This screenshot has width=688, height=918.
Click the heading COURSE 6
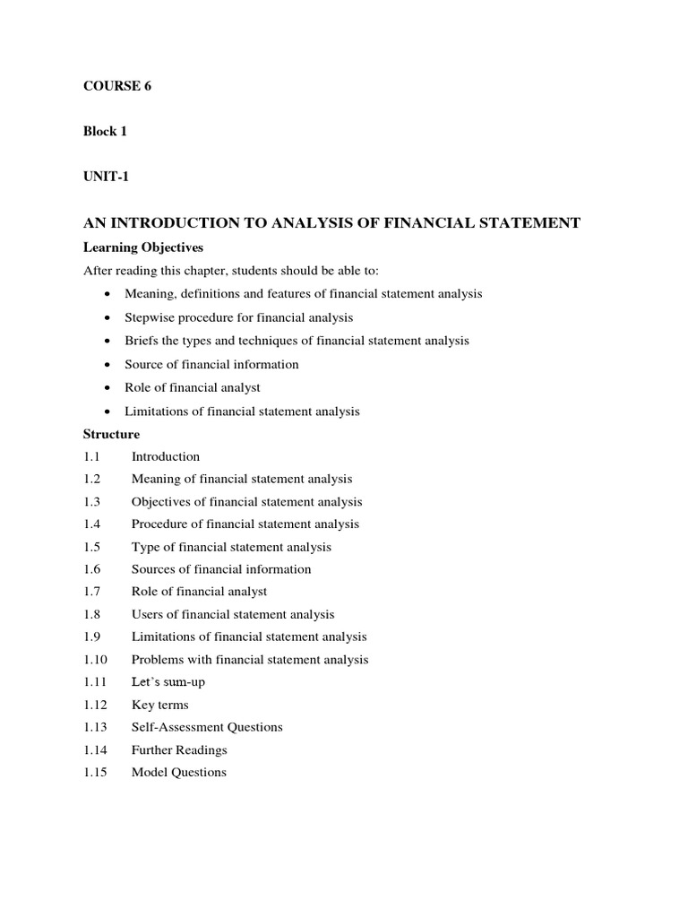tap(111, 86)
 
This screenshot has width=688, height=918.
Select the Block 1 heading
tap(105, 131)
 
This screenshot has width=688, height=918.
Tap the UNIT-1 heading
tap(106, 177)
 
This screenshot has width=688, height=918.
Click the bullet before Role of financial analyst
tap(107, 388)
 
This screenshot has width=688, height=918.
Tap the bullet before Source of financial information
tap(107, 365)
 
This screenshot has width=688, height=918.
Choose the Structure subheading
tap(111, 434)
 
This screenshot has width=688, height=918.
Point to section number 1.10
tap(95, 660)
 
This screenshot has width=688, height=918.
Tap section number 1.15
tap(95, 772)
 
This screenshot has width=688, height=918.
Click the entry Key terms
tap(159, 705)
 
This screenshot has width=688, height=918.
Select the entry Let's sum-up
tap(168, 682)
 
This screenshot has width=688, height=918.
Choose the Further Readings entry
tap(179, 749)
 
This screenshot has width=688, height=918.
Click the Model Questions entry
tap(179, 772)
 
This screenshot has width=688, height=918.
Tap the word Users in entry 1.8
tap(147, 614)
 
